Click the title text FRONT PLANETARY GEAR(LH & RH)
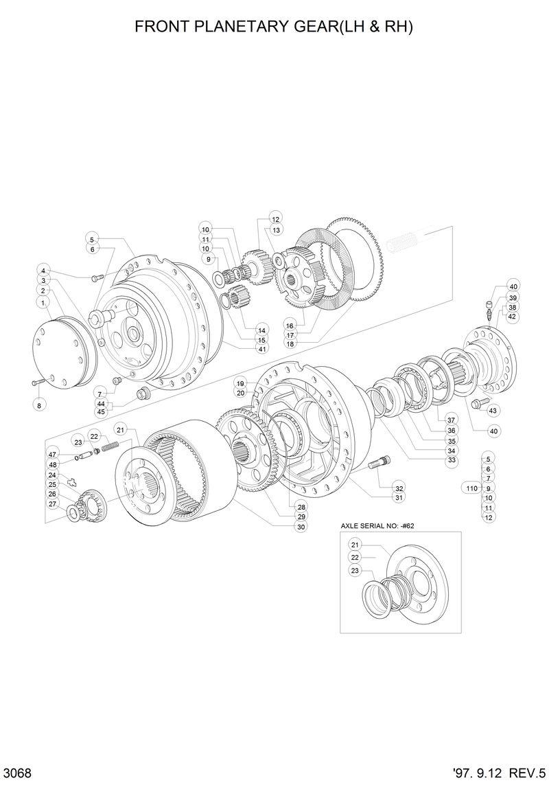[274, 27]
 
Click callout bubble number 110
[471, 488]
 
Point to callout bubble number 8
[39, 405]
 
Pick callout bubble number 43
[492, 410]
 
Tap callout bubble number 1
[43, 302]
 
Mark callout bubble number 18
[289, 344]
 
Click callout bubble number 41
[243, 349]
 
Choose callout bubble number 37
[451, 420]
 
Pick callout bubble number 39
[513, 297]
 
